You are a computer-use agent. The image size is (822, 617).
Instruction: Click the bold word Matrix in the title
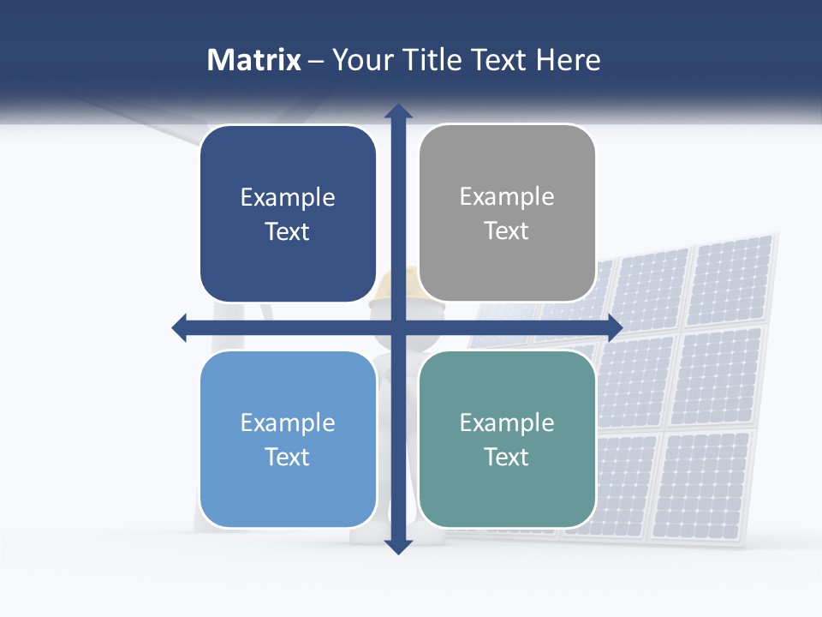(x=253, y=60)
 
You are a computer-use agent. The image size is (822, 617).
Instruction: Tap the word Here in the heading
(x=568, y=60)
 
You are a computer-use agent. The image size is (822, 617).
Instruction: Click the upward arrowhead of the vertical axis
(x=398, y=111)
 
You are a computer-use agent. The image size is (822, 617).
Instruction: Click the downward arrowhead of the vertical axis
(x=398, y=547)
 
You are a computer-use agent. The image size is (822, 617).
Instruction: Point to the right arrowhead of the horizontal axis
(x=615, y=327)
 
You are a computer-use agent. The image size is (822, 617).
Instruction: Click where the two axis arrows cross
(x=398, y=327)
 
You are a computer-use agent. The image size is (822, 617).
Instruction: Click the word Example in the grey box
(x=507, y=197)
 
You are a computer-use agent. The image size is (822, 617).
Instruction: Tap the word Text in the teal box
(x=507, y=457)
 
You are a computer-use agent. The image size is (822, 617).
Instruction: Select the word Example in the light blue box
(x=288, y=422)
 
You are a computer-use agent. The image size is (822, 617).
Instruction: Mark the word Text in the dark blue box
(x=288, y=231)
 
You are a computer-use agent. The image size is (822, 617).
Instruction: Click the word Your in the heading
(x=360, y=60)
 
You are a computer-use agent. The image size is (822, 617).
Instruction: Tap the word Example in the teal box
(x=507, y=422)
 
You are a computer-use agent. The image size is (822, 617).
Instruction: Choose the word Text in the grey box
(x=507, y=231)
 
